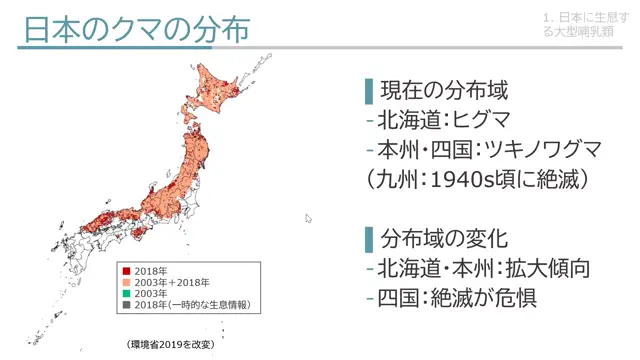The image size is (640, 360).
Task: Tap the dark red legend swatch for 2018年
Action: pos(126,271)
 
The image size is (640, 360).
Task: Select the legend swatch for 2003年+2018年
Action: pos(126,282)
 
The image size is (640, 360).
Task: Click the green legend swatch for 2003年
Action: pos(126,293)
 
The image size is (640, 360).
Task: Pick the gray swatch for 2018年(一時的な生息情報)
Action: pos(126,304)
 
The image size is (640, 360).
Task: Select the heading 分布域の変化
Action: pos(445,239)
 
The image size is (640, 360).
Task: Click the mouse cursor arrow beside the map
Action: pos(308,217)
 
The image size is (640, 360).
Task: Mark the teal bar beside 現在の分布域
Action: pos(368,91)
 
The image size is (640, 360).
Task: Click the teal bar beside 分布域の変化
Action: pos(368,239)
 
